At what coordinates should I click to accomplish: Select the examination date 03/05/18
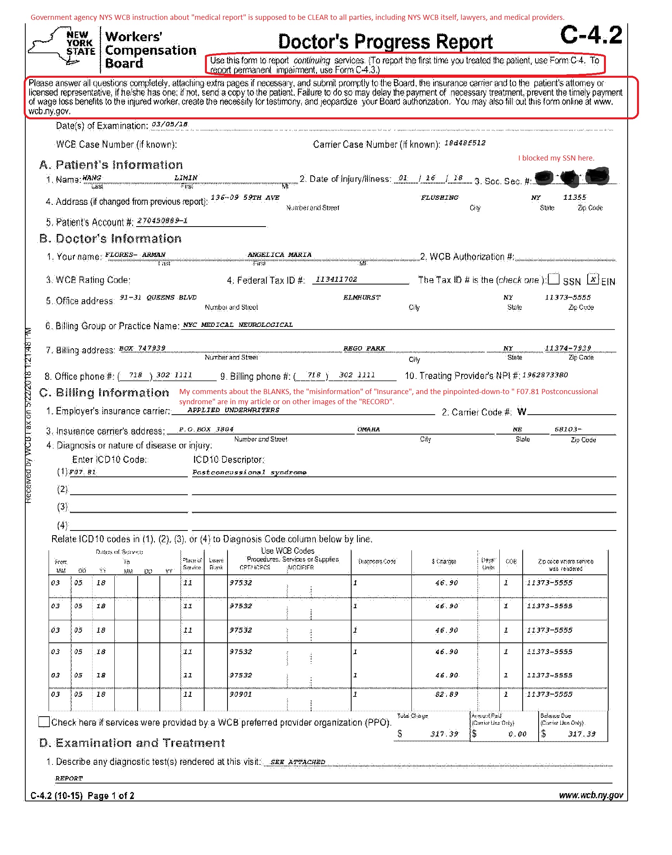pos(170,125)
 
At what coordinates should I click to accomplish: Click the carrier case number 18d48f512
pos(465,143)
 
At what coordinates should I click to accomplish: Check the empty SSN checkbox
pos(553,279)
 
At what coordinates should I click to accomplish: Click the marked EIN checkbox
pos(593,279)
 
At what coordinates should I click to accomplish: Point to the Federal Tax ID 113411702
pos(336,279)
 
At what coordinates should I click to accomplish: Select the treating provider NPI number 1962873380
pos(545,375)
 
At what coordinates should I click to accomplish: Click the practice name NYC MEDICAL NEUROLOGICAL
pos(238,325)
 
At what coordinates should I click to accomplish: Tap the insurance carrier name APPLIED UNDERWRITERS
pos(233,410)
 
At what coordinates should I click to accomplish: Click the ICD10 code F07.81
pos(82,472)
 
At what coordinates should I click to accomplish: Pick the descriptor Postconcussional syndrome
pos(249,472)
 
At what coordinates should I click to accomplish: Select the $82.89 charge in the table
pos(446,694)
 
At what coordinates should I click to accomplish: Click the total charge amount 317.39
pos(444,733)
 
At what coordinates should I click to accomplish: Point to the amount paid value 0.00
pos(517,734)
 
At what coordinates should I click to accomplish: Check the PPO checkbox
pos(44,722)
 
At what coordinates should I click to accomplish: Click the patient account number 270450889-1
pos(162,220)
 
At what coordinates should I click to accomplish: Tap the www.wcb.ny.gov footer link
pos(591,795)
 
